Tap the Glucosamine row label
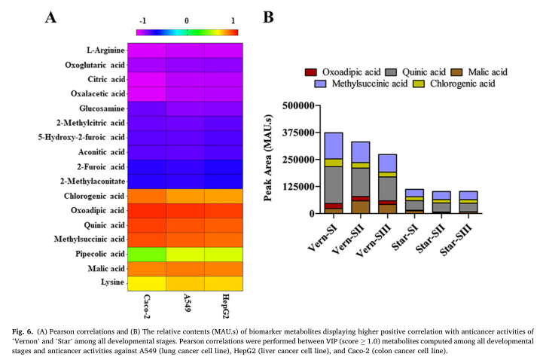click(x=102, y=108)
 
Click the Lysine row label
click(x=111, y=282)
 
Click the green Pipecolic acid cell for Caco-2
click(x=146, y=254)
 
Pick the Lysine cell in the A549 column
click(x=185, y=282)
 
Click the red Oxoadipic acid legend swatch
click(x=310, y=72)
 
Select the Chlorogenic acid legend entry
click(x=461, y=84)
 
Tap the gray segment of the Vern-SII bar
click(x=361, y=182)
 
